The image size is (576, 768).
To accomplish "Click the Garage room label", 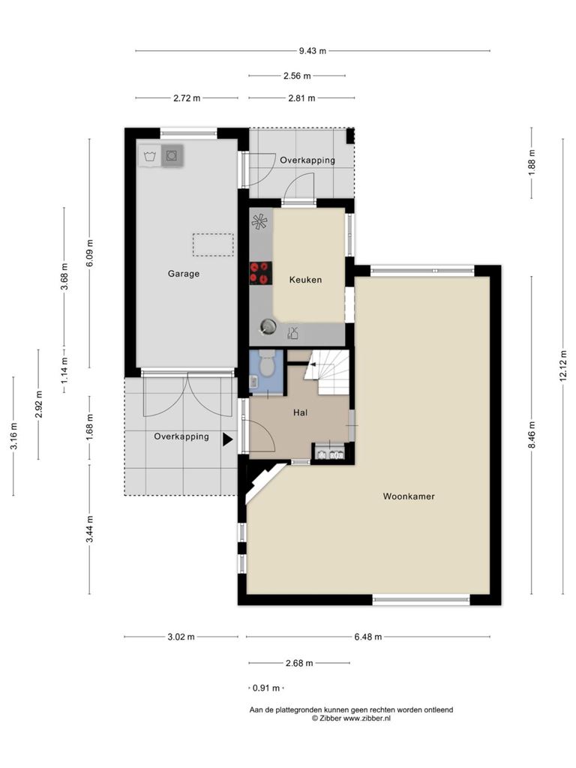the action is (184, 274).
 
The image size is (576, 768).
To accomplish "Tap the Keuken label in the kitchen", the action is (306, 280).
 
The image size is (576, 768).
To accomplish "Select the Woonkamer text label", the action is (409, 496).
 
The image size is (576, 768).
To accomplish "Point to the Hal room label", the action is (300, 413).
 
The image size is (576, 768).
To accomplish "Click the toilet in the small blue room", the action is (266, 362).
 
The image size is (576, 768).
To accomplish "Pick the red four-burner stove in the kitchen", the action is (260, 273).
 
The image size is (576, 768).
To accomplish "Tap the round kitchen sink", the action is (268, 327).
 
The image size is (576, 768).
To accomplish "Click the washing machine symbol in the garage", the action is (150, 156).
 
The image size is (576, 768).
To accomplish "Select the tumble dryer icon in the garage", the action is (172, 156).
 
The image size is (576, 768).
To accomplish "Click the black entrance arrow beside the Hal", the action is (228, 439).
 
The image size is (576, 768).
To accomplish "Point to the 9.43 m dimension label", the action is (313, 50).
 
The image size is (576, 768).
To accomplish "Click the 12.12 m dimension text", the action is (563, 366).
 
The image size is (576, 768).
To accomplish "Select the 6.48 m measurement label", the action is (367, 637).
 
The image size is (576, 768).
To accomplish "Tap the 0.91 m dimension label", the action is (266, 688).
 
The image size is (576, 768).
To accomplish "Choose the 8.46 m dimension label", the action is (532, 435).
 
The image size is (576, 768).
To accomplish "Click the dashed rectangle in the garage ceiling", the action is (212, 245).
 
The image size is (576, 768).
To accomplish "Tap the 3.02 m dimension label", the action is (181, 637).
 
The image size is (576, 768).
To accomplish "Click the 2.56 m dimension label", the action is (297, 76).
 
